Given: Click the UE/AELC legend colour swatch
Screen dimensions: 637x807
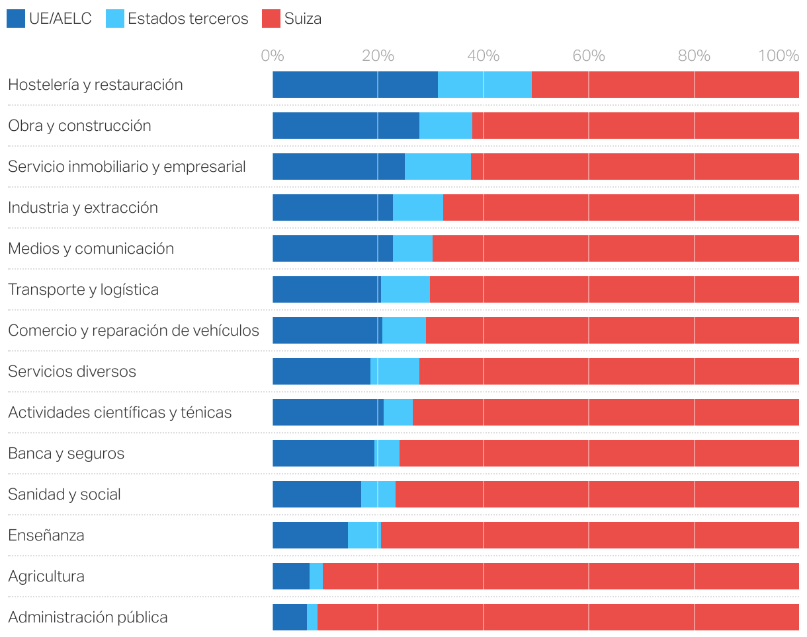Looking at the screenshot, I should pos(16,19).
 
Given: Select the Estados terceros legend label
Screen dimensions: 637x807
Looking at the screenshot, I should pos(188,19).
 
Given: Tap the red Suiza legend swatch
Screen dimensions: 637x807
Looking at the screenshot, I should pos(271,19).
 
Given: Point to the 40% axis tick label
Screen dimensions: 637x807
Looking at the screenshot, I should pos(483,56).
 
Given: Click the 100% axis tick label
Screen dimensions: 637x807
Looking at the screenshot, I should pos(779,56).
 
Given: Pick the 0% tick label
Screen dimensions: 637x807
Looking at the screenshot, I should pos(273,56).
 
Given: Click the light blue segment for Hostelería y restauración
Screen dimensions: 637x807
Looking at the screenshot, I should pos(485,85).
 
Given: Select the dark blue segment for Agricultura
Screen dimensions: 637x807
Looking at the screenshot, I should pos(291,576).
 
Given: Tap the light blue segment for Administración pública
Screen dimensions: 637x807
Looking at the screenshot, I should pos(312,617).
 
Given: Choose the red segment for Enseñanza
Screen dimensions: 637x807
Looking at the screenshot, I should pos(589,535).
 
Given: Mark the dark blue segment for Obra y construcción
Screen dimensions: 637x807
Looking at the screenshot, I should pos(346,126).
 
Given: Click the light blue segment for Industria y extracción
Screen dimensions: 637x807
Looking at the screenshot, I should pos(418,207).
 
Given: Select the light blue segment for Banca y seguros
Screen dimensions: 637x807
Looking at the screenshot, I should pos(388,453).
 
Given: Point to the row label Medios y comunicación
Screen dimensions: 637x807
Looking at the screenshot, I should pos(91,248).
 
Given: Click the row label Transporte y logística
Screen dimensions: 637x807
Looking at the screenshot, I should pos(83,289).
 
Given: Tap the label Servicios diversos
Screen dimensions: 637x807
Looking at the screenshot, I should pos(72,371).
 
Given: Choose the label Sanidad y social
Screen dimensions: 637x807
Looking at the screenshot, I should pos(64,494).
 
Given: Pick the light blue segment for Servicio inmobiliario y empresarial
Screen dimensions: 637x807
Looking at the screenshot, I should pos(438,167).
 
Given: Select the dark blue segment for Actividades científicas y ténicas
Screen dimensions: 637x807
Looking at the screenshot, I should pos(328,412).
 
